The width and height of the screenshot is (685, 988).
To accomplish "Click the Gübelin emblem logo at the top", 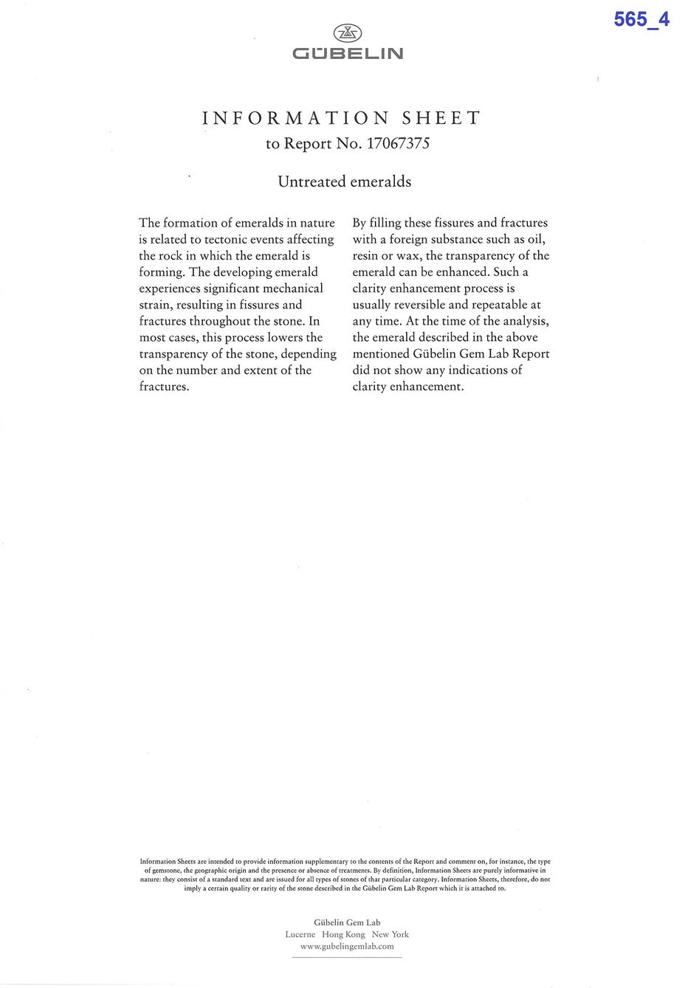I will pyautogui.click(x=348, y=32).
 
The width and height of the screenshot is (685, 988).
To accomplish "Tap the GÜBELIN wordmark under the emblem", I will pyautogui.click(x=348, y=54).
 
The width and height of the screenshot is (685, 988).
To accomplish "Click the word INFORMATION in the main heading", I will pyautogui.click(x=295, y=118).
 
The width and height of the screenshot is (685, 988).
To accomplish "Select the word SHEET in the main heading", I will pyautogui.click(x=441, y=118).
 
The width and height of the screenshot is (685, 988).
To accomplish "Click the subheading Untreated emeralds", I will pyautogui.click(x=344, y=182).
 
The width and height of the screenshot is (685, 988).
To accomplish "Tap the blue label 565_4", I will pyautogui.click(x=641, y=20).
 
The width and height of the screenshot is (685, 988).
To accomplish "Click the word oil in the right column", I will pyautogui.click(x=536, y=240).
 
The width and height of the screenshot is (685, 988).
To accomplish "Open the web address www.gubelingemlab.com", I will pyautogui.click(x=347, y=946).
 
